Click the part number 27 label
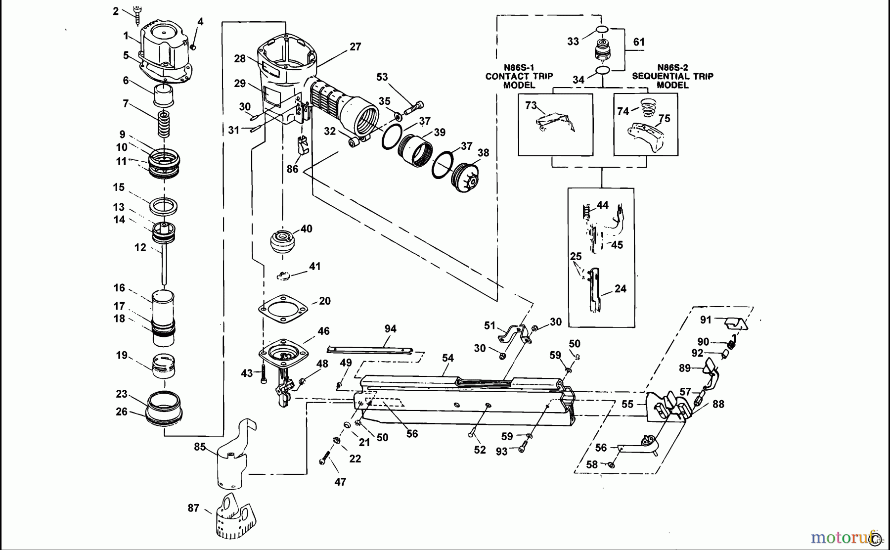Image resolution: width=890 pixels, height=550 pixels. pyautogui.click(x=356, y=47)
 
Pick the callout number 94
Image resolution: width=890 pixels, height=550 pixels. pyautogui.click(x=391, y=329)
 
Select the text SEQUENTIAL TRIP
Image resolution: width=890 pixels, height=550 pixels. pyautogui.click(x=672, y=76)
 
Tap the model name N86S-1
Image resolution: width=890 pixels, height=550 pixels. pyautogui.click(x=519, y=67)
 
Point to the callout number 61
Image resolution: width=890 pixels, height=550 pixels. pyautogui.click(x=639, y=42)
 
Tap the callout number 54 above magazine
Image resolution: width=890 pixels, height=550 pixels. pyautogui.click(x=448, y=358)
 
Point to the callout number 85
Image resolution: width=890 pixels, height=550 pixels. pyautogui.click(x=200, y=447)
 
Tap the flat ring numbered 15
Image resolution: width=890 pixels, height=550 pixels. pyautogui.click(x=164, y=206)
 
